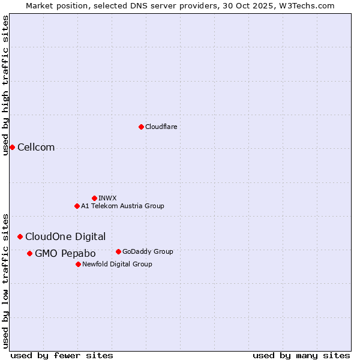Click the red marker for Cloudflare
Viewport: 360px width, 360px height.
(x=141, y=127)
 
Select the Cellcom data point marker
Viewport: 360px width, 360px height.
(x=12, y=147)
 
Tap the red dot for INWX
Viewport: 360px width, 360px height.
(x=94, y=198)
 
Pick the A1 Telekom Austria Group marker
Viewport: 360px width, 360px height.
(x=77, y=206)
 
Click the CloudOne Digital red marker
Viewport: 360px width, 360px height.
(x=20, y=236)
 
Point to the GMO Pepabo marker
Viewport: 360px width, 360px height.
(x=29, y=253)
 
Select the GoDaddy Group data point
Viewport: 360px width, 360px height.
(x=118, y=251)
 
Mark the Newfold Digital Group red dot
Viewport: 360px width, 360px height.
(x=78, y=264)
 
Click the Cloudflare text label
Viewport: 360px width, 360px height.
(x=161, y=127)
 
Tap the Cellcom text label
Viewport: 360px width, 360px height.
(x=36, y=148)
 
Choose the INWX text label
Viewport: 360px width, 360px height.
(x=107, y=198)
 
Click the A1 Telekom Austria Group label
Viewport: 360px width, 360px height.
(x=122, y=206)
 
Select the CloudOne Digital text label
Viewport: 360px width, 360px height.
(x=65, y=236)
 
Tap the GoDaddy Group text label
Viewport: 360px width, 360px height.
(x=148, y=251)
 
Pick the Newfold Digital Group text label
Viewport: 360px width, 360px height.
(x=117, y=264)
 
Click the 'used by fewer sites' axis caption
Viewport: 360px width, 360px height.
(x=62, y=355)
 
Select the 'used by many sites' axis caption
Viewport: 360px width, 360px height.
(x=301, y=355)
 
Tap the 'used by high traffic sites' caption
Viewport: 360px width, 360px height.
(x=5, y=85)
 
